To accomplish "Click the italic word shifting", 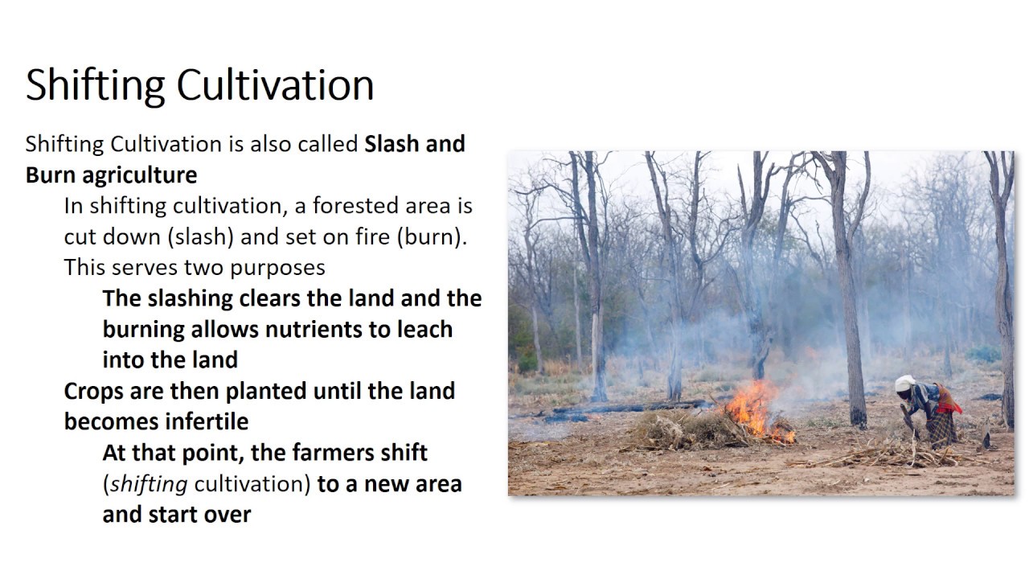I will (149, 484).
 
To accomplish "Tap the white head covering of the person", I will (905, 384).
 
